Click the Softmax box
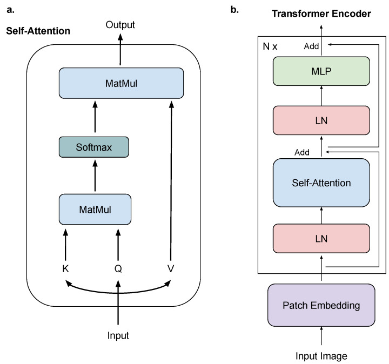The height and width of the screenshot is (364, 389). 94,147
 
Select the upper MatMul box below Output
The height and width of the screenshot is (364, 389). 122,83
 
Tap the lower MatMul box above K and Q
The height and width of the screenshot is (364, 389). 95,210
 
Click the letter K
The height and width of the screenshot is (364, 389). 65,268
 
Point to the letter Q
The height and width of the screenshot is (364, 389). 118,268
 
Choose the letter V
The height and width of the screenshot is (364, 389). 171,268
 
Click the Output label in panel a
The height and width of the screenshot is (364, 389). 120,24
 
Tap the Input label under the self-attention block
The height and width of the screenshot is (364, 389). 118,335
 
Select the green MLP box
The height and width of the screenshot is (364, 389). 321,71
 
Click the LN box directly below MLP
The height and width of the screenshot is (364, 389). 321,120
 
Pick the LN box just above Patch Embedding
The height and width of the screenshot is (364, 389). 321,239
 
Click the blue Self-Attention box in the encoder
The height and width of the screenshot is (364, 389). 321,183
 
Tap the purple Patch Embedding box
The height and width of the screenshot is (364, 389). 321,305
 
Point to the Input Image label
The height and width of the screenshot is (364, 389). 321,356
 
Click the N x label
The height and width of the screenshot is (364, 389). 270,46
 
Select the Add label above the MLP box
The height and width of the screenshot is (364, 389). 311,46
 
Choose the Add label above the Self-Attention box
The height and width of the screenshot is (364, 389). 302,152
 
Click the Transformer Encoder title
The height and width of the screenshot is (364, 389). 321,14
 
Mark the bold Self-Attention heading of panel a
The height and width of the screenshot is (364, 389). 38,31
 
